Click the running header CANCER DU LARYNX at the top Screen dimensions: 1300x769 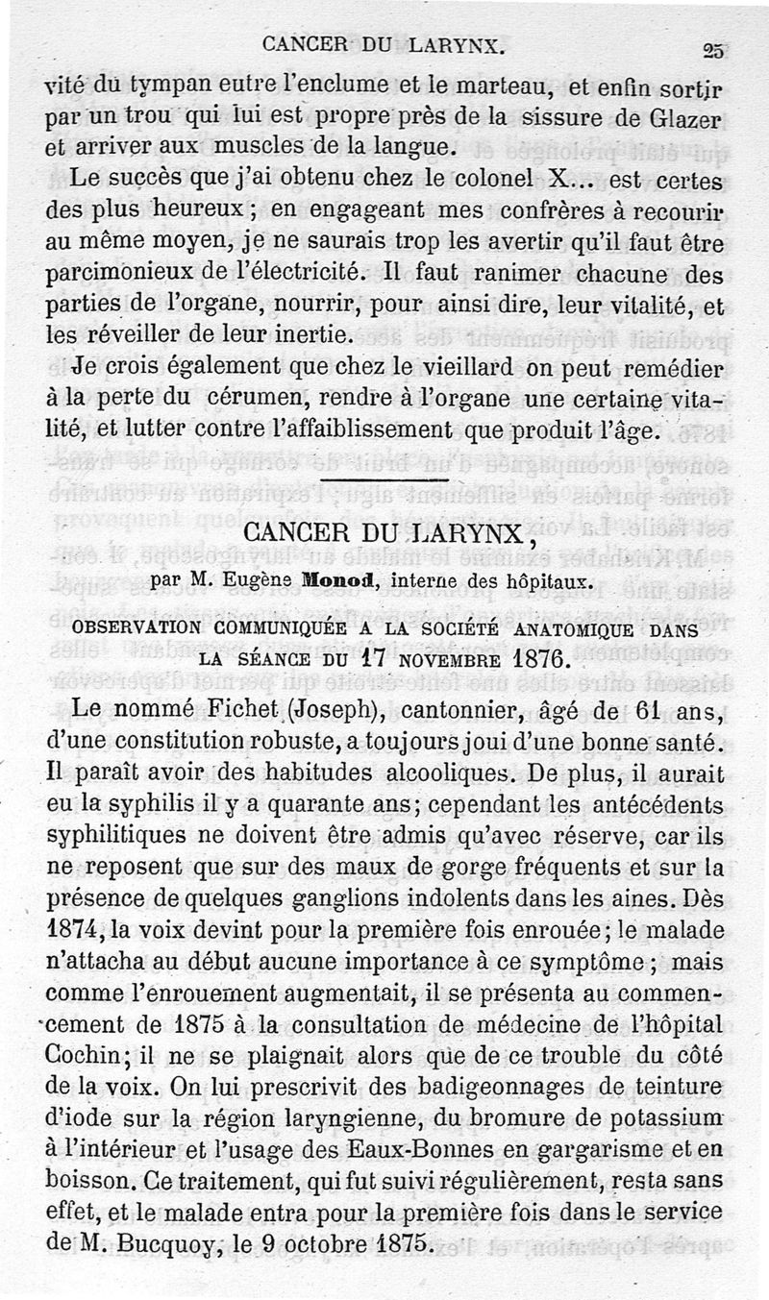pyautogui.click(x=384, y=44)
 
